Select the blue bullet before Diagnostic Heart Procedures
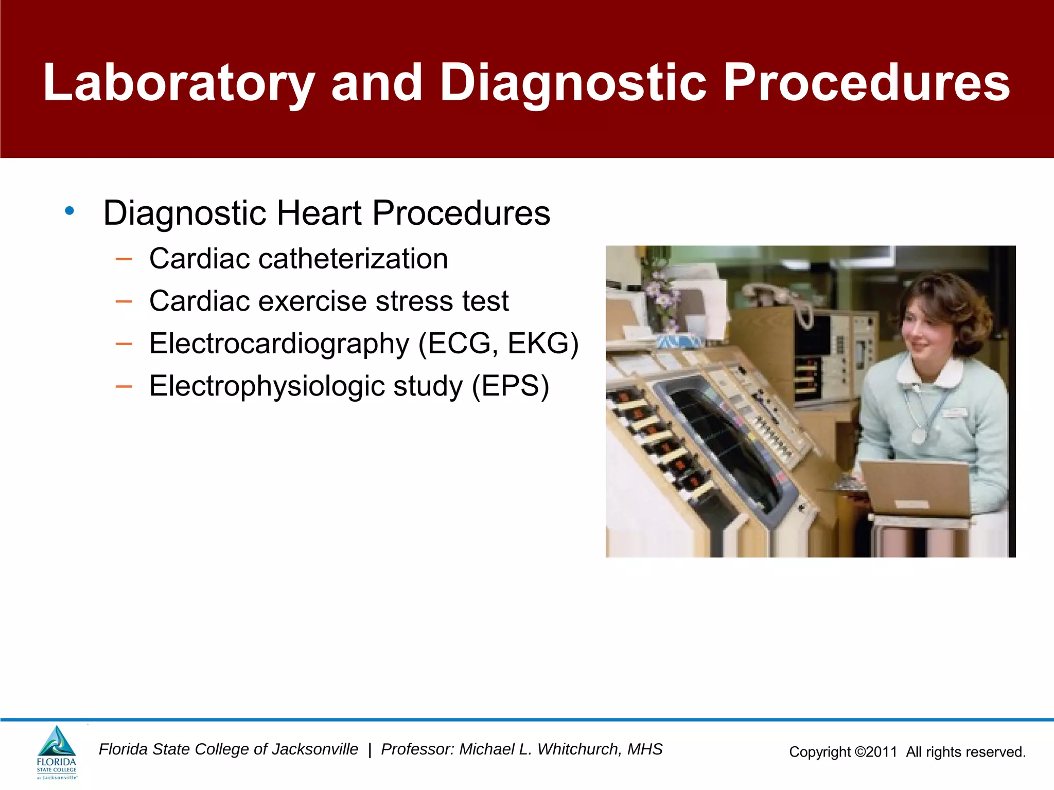point(69,211)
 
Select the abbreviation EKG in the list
point(537,344)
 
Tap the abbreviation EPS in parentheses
point(510,386)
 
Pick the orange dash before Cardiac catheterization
point(124,258)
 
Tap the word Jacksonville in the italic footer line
point(314,749)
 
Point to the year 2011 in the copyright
point(882,752)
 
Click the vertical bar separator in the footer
point(370,749)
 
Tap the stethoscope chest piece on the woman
point(918,436)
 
